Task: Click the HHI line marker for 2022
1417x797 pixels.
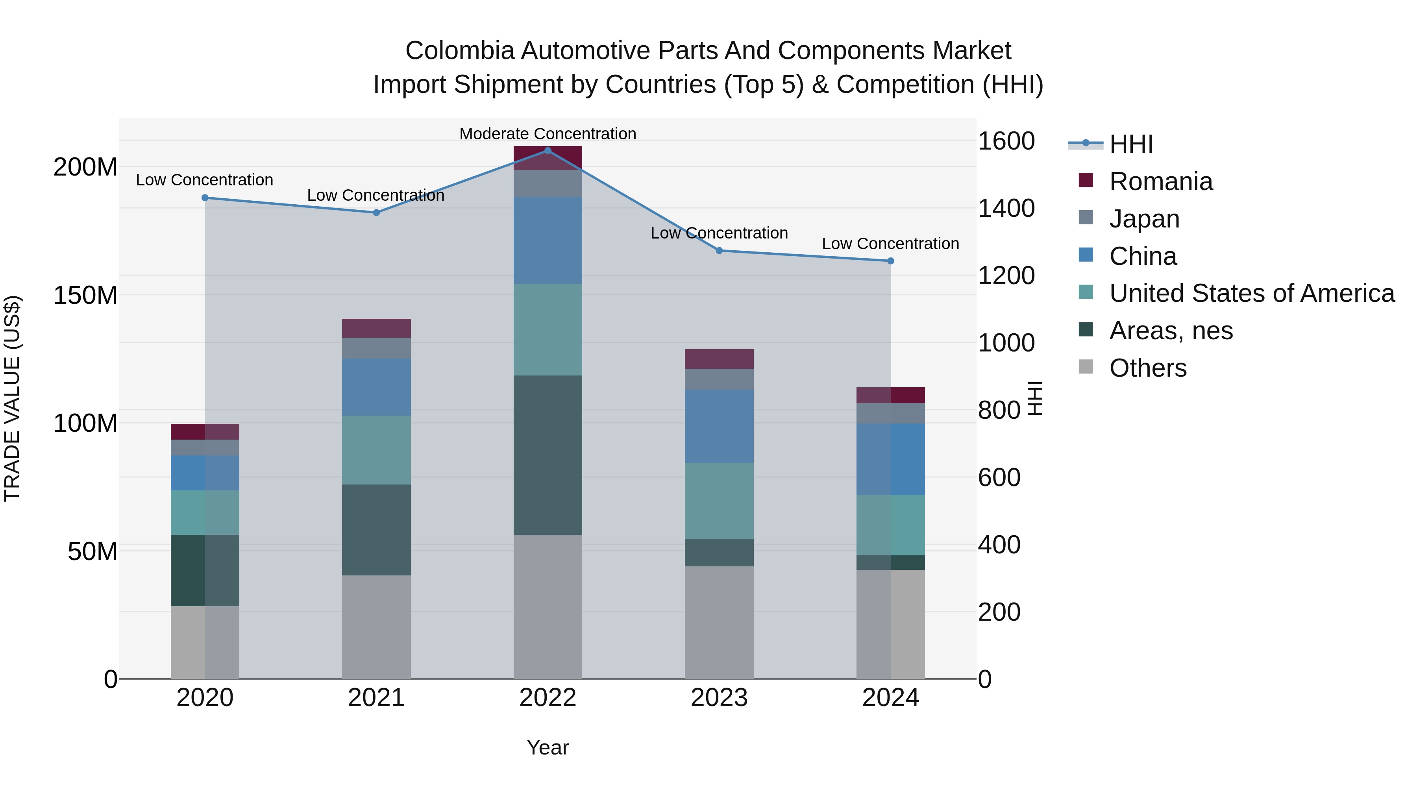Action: [548, 151]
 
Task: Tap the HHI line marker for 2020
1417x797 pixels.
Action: [205, 198]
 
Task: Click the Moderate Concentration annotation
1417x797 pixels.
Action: [548, 134]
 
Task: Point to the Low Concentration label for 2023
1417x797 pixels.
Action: [719, 233]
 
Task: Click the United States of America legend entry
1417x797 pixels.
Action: [1251, 294]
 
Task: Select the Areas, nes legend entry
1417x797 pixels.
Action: [1171, 331]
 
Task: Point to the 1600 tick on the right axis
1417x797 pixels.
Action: [1006, 141]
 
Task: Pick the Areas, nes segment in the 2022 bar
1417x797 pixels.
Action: [548, 455]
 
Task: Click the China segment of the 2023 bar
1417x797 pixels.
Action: [719, 427]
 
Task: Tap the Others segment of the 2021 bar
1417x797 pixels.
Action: [376, 627]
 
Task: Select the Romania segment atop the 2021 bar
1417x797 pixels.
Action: [376, 328]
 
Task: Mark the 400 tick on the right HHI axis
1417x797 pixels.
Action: [999, 545]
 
